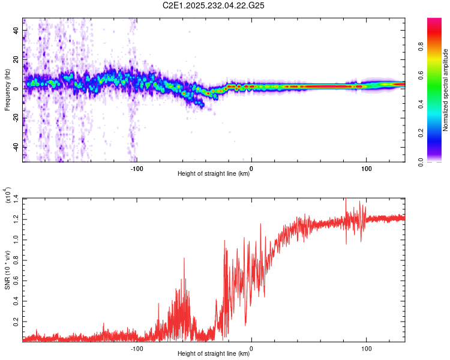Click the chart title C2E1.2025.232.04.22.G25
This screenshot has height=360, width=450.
click(214, 5)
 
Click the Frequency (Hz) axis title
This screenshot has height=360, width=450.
click(7, 90)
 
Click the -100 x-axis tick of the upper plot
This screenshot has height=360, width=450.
click(137, 168)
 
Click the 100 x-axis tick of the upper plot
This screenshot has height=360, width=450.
click(365, 168)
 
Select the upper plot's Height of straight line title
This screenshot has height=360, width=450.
click(214, 174)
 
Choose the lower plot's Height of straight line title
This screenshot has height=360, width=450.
click(214, 354)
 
